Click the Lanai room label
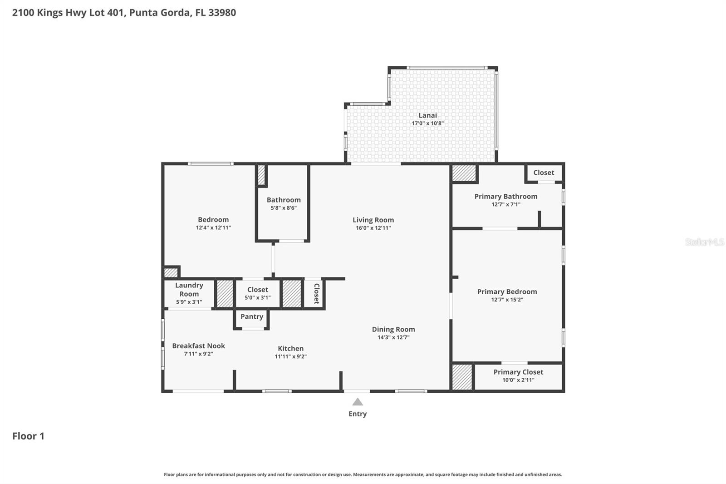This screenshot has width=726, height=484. point(427,115)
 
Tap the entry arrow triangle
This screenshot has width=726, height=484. point(358,402)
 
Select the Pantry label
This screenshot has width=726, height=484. point(252,316)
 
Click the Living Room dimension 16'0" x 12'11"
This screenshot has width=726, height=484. point(373,228)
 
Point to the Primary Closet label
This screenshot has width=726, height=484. point(518,372)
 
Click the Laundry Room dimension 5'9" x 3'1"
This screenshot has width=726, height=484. point(189,302)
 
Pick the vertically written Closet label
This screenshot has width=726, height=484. point(316,294)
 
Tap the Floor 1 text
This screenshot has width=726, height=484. point(28,436)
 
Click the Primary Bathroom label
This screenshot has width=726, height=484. point(505,196)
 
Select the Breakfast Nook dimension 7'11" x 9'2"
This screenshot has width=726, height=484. point(198,354)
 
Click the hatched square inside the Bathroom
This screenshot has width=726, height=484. point(261,175)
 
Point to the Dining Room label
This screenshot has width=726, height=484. point(393,329)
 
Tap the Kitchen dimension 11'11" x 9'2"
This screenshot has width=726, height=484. point(290,356)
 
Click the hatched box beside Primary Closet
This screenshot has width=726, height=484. point(462,377)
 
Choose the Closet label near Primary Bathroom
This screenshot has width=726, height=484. point(544,173)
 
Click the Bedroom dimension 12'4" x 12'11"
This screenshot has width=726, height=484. point(213,228)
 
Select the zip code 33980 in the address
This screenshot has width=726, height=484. point(222,12)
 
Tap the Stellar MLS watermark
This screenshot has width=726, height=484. point(704,242)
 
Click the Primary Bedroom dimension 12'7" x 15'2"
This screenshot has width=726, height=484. point(507,300)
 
